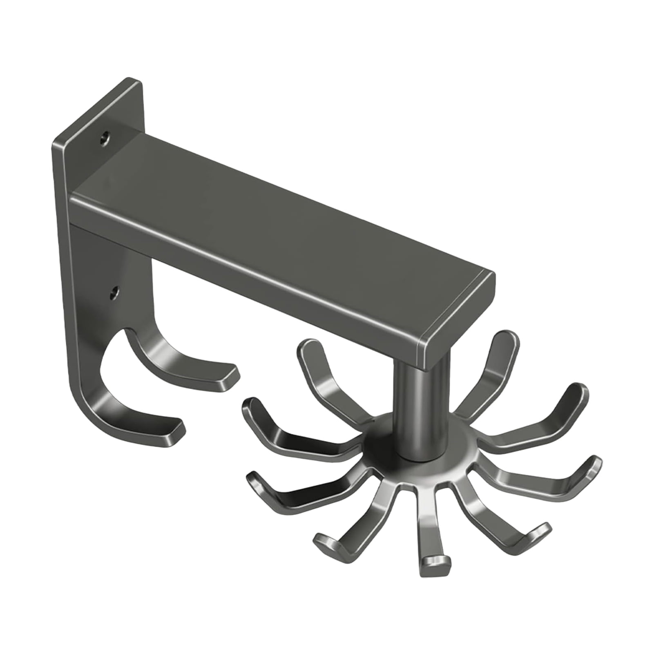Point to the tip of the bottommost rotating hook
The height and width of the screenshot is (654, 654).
coord(435,566)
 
